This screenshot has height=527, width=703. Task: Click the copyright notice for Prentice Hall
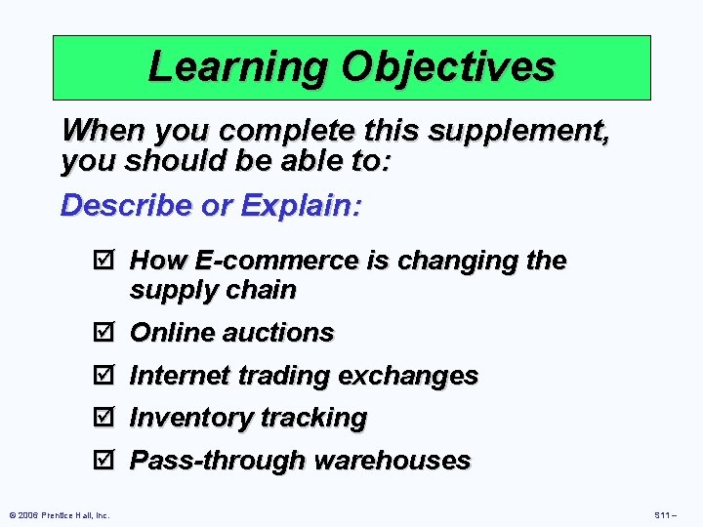pyautogui.click(x=59, y=514)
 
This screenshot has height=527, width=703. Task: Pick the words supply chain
pyautogui.click(x=212, y=290)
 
